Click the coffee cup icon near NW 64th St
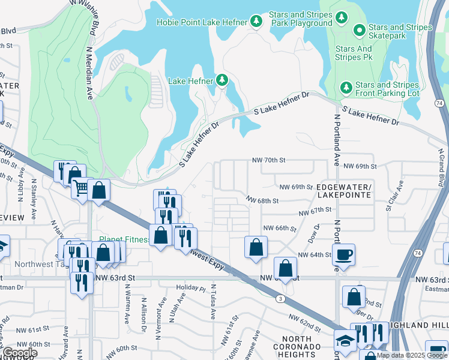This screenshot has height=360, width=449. click(x=343, y=254)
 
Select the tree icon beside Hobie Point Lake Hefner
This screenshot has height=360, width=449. click(x=256, y=22)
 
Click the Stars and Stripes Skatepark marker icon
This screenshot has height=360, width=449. click(x=360, y=29)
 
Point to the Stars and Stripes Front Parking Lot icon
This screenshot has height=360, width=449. click(x=346, y=88)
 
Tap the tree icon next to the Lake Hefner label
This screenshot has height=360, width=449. click(x=222, y=80)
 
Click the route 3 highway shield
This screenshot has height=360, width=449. click(x=280, y=298)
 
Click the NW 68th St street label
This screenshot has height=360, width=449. click(x=262, y=200)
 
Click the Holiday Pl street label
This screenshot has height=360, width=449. click(x=196, y=288)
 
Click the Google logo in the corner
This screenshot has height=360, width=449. click(x=20, y=353)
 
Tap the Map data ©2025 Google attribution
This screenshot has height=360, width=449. click(x=412, y=355)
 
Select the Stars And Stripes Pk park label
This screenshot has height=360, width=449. click(x=354, y=53)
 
